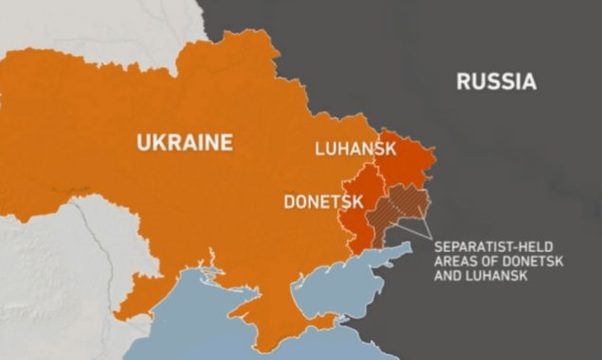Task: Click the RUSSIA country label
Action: (496, 81)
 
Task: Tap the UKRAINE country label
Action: (184, 143)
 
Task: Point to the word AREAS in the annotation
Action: (455, 261)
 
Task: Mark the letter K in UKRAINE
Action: (156, 143)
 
